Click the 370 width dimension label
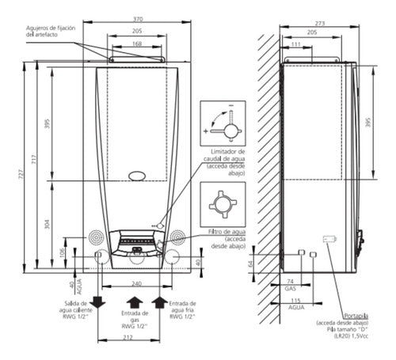pos(138,19)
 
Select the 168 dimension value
pos(137,44)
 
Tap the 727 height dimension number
pos(21,174)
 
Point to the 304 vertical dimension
pos(48,224)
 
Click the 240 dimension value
pos(136,284)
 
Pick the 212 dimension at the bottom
pos(128,337)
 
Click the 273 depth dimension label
pos(320,24)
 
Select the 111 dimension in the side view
pos(296,44)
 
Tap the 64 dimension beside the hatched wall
pos(251,263)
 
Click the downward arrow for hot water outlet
pos(97,302)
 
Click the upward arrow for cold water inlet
pos(159,302)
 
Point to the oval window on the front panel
pos(137,176)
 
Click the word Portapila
pos(356,316)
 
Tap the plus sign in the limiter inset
pos(206,131)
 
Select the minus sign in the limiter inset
pos(231,105)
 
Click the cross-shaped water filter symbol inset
pos(223,204)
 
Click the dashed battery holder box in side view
pos(329,239)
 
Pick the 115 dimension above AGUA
pos(296,301)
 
